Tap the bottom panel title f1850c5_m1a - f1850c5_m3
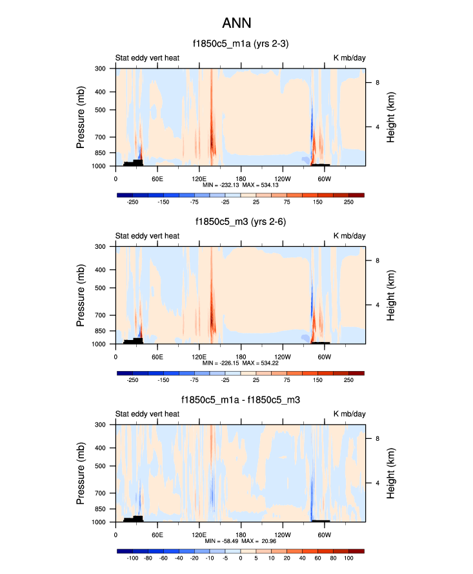click(240, 400)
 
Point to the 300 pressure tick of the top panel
click(101, 69)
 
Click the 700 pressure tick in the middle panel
click(101, 315)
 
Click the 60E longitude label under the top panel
click(157, 178)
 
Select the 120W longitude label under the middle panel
click(282, 356)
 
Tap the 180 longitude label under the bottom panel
click(240, 534)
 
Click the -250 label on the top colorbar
click(133, 202)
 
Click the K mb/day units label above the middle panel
click(349, 236)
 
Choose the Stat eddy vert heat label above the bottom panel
click(147, 414)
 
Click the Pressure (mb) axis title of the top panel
click(81, 117)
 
